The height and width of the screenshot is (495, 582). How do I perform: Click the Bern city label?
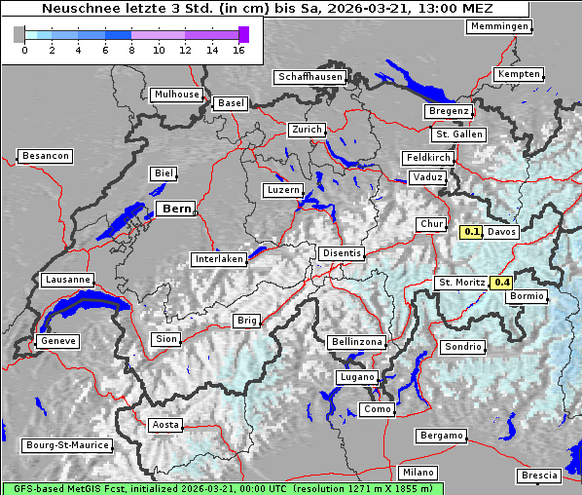[x=176, y=209]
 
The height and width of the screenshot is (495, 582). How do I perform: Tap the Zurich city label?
[x=306, y=130]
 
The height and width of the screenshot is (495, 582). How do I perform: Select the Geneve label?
[x=56, y=341]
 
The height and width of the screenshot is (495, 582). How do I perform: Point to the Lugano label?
[x=356, y=376]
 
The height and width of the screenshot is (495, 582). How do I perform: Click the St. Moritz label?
[x=461, y=283]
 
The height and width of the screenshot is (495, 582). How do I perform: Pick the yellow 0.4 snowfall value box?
[x=502, y=283]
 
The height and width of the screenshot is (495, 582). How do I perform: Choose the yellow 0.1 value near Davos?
[x=471, y=232]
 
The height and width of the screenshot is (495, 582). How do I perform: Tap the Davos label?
[x=502, y=232]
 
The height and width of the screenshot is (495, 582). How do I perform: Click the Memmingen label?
[x=498, y=26]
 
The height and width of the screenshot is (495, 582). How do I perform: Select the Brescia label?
[x=539, y=476]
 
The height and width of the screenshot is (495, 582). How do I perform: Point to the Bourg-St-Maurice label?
[x=66, y=445]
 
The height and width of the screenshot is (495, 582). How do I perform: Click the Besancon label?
[x=46, y=156]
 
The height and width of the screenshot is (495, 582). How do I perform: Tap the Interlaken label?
[x=219, y=259]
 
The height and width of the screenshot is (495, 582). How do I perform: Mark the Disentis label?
[x=341, y=253]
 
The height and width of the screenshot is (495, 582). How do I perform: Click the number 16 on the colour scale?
[x=239, y=50]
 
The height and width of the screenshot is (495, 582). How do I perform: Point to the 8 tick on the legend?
[x=131, y=50]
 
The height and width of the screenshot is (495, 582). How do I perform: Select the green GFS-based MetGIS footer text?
[x=222, y=488]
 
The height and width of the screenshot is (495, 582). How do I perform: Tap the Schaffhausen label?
[x=309, y=76]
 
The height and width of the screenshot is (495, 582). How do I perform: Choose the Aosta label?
[x=164, y=425]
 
